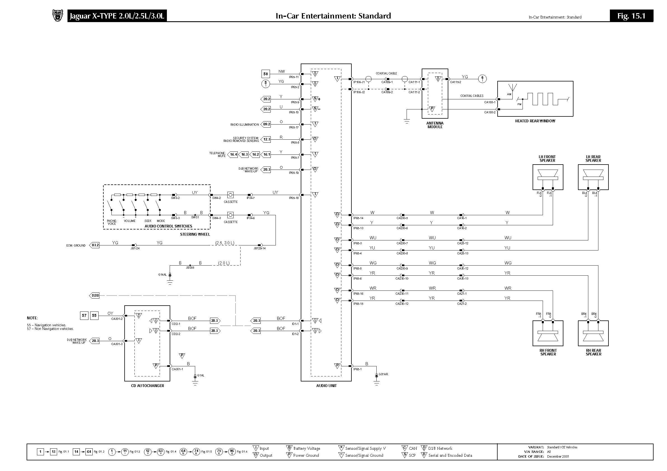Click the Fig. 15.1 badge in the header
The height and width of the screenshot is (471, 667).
coord(631,16)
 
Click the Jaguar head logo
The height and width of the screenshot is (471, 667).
coord(57,15)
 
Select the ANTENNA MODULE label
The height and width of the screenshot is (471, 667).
coord(435,125)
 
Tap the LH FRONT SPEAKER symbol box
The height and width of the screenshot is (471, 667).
coord(548,177)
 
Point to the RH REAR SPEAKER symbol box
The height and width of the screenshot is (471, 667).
coord(593,333)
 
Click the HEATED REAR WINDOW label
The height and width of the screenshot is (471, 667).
coord(535,121)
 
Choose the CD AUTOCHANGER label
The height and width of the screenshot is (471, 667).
coord(147,386)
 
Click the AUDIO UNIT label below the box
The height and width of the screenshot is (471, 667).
coord(326,386)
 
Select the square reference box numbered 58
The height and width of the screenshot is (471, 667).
coord(265,74)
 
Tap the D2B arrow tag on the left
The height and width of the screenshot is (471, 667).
coord(95,296)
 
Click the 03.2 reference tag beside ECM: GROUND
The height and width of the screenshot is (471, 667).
coord(95,245)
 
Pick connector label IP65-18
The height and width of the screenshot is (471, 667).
coord(293,198)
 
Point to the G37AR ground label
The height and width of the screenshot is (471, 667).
coord(383,374)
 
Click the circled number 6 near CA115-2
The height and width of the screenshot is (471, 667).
coord(482,78)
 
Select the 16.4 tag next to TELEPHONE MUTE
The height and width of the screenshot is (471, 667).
coord(233,154)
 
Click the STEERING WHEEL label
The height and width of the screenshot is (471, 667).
coord(195,234)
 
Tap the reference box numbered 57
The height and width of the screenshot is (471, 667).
coord(84,315)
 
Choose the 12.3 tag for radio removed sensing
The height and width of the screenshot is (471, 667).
coord(266,139)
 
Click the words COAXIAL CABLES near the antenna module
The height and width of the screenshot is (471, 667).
coord(472,96)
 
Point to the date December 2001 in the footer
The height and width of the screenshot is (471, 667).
coord(558,456)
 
